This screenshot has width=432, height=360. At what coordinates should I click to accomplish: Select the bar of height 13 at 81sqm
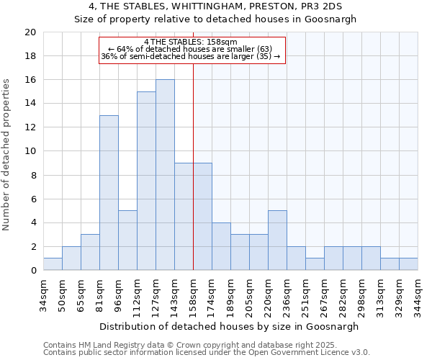[109, 193]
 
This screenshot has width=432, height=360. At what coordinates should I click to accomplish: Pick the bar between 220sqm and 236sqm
[277, 240]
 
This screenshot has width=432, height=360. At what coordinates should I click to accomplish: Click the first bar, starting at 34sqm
[53, 264]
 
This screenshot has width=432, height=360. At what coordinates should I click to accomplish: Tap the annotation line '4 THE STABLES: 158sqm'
[191, 42]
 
